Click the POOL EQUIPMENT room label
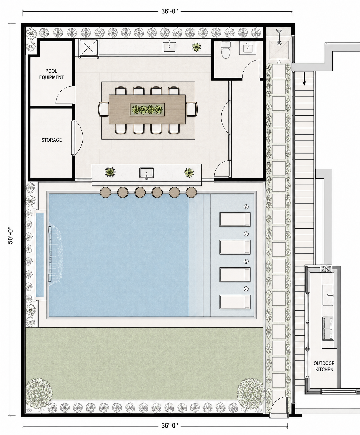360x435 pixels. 51,74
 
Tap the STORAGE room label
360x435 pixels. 52,140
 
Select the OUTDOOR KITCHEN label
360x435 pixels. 324,366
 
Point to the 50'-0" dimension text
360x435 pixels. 11,235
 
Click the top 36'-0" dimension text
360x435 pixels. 170,11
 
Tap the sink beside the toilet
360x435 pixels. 248,48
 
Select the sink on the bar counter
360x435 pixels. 147,173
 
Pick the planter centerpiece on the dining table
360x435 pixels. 147,109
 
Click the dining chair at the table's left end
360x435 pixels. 103,109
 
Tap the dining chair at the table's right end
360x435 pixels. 192,109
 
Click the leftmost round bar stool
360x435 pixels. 106,192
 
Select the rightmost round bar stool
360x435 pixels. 191,192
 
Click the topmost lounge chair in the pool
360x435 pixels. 235,219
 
